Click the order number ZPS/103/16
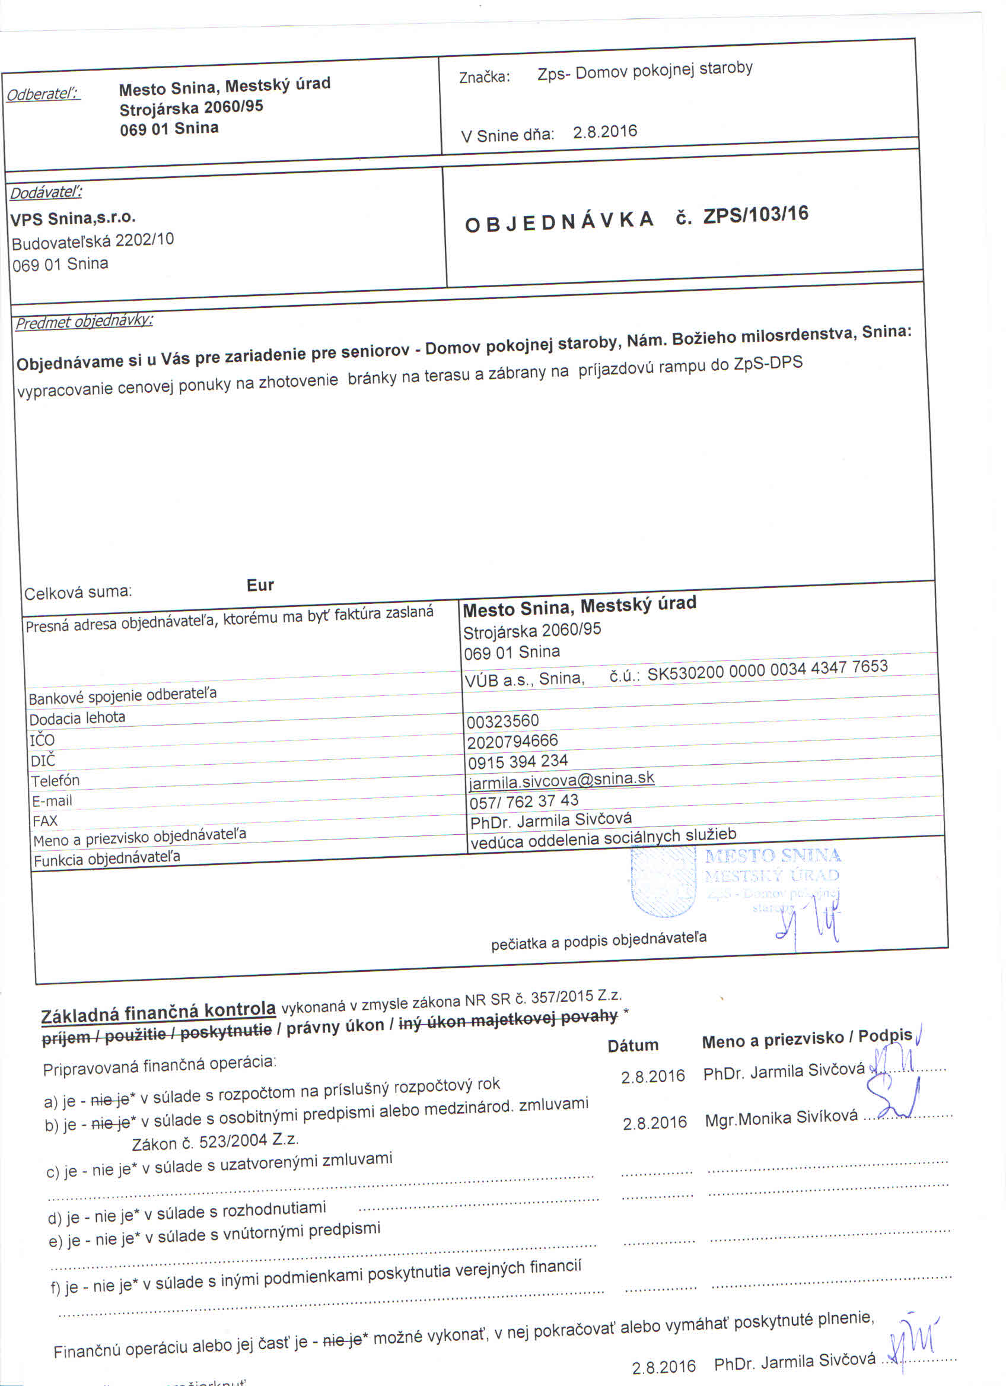(756, 215)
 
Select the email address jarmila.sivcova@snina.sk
(561, 780)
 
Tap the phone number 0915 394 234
(518, 761)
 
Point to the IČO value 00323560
(502, 721)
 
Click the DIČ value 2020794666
(512, 741)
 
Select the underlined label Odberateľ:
(43, 95)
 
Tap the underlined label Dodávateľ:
(46, 192)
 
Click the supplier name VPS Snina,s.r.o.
(74, 218)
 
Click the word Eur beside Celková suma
(260, 585)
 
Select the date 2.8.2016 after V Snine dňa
(604, 132)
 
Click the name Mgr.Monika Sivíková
(781, 1118)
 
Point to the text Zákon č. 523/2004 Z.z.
(215, 1141)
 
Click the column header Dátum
(633, 1045)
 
